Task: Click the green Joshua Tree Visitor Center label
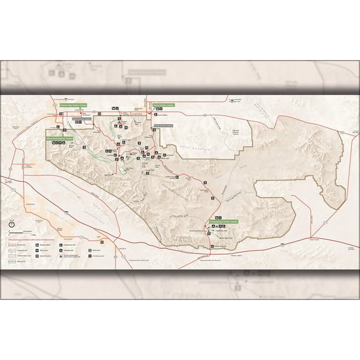(73, 106)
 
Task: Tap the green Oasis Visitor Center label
(164, 106)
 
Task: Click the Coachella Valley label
(69, 201)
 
